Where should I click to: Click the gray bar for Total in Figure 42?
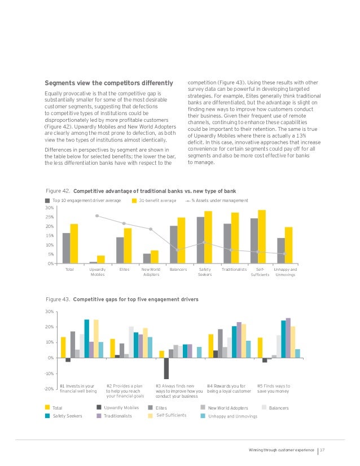(66, 248)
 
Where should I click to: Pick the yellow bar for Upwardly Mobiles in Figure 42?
(101, 260)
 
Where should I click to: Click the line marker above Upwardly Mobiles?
(97, 216)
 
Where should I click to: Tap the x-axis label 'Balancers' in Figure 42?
(178, 270)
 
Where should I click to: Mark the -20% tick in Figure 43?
(50, 389)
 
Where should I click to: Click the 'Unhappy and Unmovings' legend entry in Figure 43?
(232, 416)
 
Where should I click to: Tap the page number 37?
(323, 450)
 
